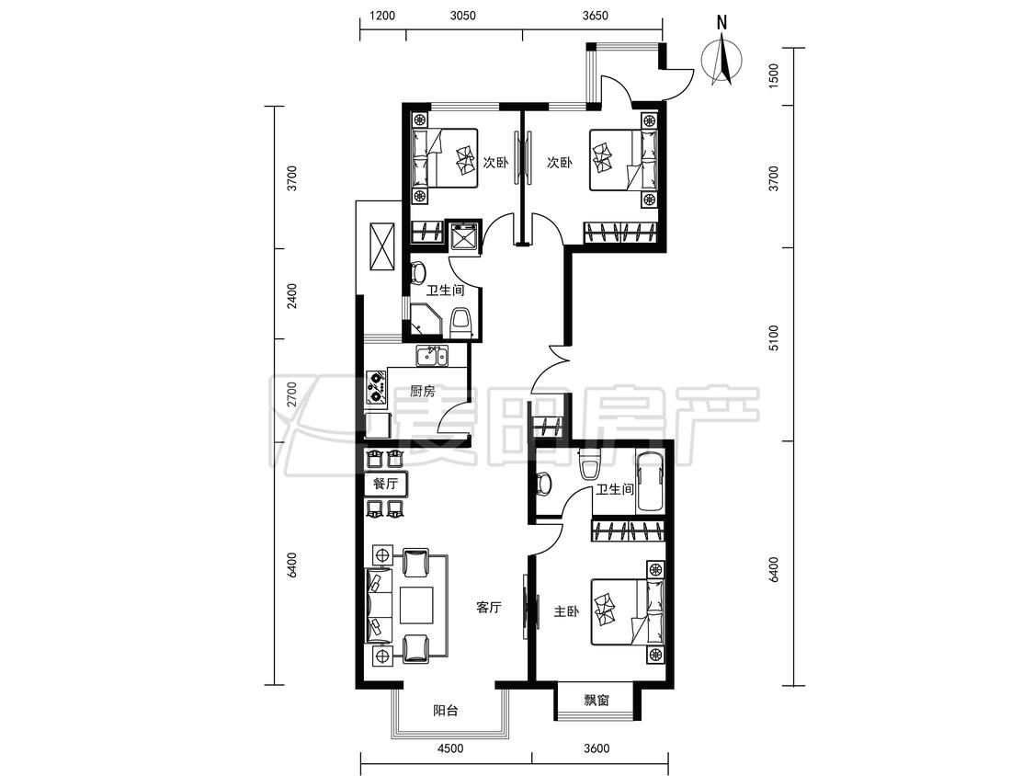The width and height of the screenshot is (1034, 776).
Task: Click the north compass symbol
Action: point(722,58)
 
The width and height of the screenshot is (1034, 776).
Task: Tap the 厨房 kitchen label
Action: point(423,392)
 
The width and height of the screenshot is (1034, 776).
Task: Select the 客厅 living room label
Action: point(489,607)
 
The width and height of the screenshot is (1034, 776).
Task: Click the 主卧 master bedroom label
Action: point(566,611)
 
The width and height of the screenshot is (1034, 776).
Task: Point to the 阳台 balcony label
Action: point(446,711)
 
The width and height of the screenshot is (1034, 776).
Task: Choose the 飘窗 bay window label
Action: point(597,701)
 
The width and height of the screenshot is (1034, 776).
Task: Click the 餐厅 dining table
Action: point(386,484)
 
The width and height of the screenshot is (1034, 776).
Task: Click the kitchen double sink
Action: point(432,357)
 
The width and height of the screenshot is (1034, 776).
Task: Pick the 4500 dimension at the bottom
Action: point(450,748)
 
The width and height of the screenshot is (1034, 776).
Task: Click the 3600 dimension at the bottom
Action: point(597,748)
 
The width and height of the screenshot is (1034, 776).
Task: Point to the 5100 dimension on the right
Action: point(774,337)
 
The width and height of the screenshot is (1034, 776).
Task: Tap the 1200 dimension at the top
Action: point(381,16)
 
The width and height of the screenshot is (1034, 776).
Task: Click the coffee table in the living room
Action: point(417,604)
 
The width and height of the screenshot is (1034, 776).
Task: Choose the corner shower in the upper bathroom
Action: point(426,320)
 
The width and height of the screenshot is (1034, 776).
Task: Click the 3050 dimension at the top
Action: point(463,16)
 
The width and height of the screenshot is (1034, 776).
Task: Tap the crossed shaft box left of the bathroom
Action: point(382,246)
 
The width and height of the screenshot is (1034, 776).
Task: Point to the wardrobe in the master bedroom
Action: point(628,531)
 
